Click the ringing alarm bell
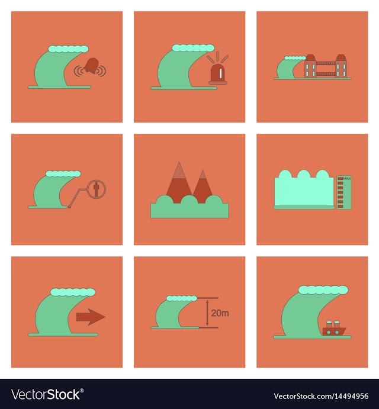[91, 66]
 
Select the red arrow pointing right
[91, 317]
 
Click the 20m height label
[220, 313]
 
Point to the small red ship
[334, 329]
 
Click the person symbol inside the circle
[97, 189]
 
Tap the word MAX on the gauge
[347, 178]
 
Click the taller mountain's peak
[179, 162]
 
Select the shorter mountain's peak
[203, 170]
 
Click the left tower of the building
[310, 66]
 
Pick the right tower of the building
[341, 66]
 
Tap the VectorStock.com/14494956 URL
[321, 396]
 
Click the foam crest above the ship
[323, 290]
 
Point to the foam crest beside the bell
[68, 49]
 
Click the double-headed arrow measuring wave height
[207, 313]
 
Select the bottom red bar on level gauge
[340, 207]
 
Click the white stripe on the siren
[220, 73]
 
